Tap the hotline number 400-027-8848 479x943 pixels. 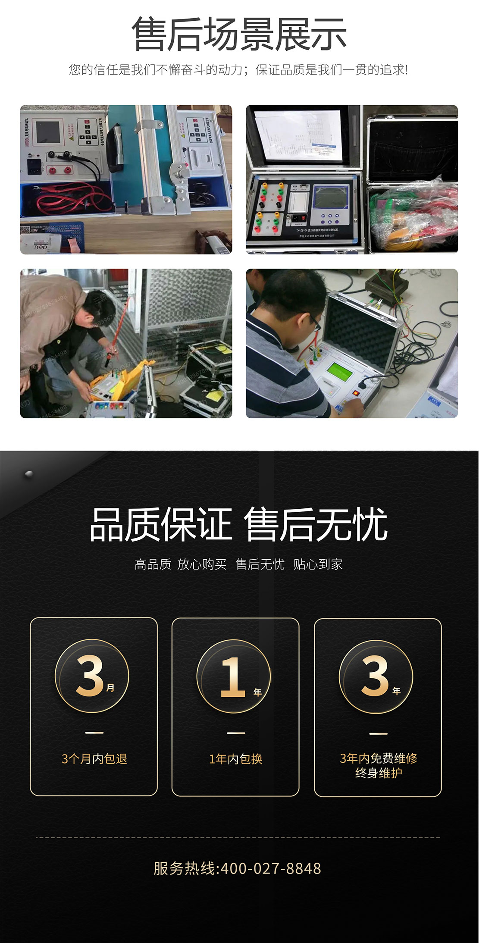tap(271, 868)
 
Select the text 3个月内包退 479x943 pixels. tap(94, 758)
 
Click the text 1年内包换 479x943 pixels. tap(235, 758)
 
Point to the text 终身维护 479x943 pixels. tap(378, 773)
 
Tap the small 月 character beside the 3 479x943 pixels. tap(110, 687)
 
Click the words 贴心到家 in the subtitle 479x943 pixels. tap(318, 564)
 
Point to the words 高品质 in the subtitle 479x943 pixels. tap(153, 564)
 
